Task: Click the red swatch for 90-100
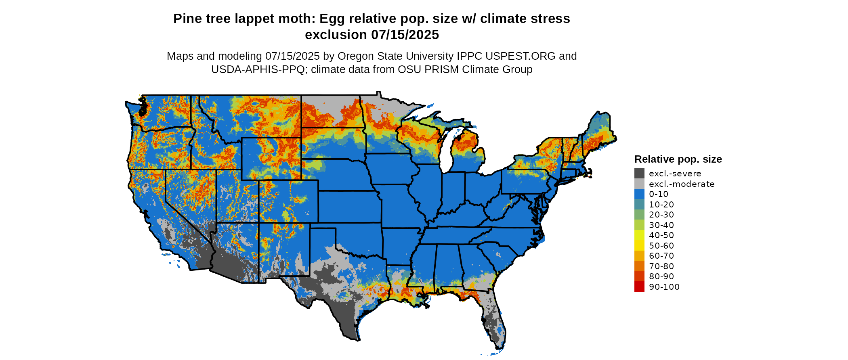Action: (x=639, y=287)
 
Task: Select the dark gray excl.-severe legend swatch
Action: (x=639, y=174)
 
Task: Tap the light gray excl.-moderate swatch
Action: (x=639, y=184)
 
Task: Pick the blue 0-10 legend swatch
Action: (x=639, y=194)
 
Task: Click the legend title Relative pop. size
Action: (x=678, y=159)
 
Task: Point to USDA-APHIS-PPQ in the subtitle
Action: (x=258, y=69)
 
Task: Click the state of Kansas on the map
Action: (x=349, y=206)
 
